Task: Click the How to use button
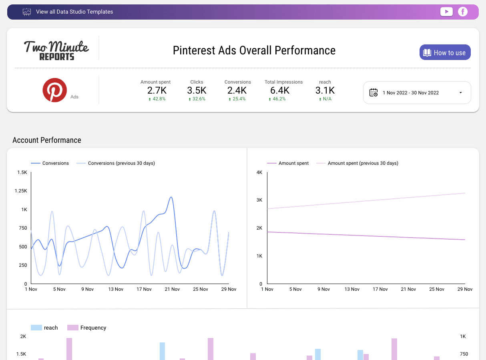click(445, 52)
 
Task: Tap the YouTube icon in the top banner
click(446, 12)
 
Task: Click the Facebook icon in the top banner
click(463, 12)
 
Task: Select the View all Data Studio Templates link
click(74, 12)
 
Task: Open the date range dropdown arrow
click(460, 93)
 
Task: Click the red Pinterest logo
click(55, 90)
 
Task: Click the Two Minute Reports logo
click(56, 50)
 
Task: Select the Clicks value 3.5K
click(197, 90)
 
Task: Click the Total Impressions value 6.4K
click(283, 90)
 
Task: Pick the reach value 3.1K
click(325, 90)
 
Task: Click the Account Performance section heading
click(47, 140)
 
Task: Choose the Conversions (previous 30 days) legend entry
click(121, 163)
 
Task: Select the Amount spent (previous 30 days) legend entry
click(363, 163)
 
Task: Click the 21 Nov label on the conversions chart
click(173, 289)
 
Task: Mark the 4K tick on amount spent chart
click(259, 172)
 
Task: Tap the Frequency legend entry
click(93, 328)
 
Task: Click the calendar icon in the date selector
click(373, 92)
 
